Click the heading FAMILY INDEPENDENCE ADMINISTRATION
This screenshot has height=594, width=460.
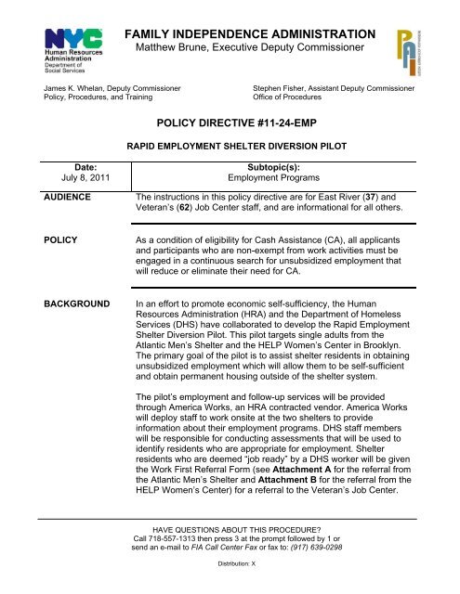(256, 34)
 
